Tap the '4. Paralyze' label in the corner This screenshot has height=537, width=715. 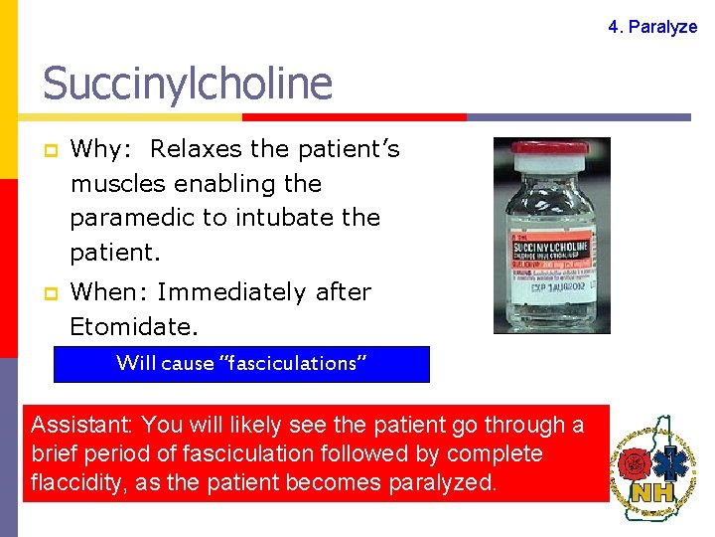point(652,27)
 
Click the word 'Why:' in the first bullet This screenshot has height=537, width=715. point(97,149)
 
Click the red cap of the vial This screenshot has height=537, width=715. point(550,154)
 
